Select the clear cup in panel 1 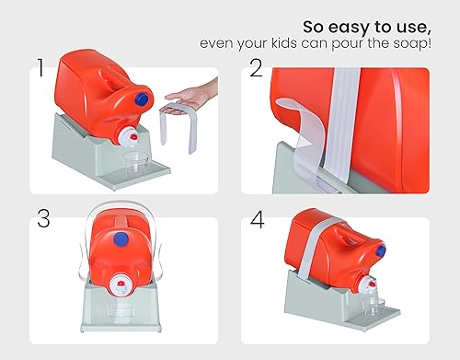click(135, 167)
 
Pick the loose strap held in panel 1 click(178, 129)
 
